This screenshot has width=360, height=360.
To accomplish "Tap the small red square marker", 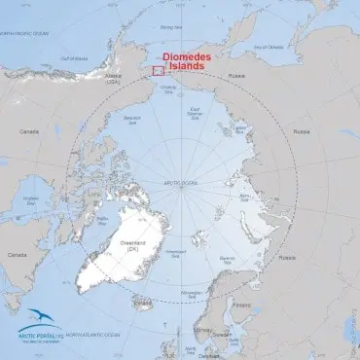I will click(157, 70).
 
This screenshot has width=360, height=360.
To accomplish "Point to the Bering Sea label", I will click(170, 28).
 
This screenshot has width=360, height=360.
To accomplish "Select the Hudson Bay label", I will click(30, 199).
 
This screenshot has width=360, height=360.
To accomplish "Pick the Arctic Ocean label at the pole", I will click(181, 183).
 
